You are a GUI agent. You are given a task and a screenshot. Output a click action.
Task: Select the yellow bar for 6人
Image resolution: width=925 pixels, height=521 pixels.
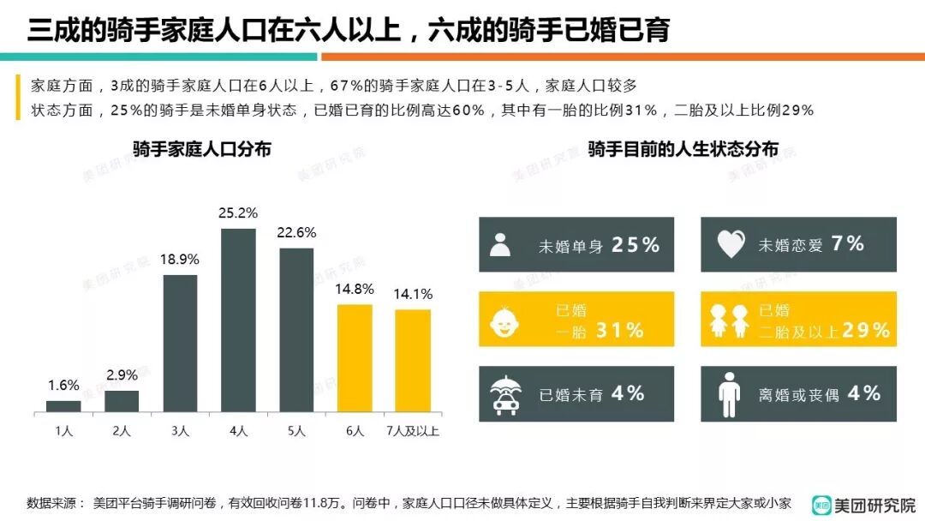coord(355,358)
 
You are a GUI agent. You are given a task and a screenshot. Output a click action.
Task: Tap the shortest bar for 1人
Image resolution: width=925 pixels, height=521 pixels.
coord(63,406)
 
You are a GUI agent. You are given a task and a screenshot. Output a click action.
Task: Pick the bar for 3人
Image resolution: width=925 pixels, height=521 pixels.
coord(180,343)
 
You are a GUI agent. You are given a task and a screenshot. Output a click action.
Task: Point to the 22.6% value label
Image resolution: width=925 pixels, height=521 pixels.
coord(296,233)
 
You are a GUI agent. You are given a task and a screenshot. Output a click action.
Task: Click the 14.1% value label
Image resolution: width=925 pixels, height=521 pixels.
coord(413,294)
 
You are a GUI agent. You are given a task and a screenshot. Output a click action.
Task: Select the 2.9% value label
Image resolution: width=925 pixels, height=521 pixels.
coord(122,375)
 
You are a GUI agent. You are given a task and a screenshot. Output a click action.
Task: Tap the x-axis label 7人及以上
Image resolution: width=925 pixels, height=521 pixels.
coord(413,431)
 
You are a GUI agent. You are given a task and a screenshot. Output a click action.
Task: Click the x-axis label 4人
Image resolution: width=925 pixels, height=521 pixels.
coord(238,431)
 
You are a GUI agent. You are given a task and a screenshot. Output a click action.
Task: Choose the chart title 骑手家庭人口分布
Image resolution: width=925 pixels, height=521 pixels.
coord(202,149)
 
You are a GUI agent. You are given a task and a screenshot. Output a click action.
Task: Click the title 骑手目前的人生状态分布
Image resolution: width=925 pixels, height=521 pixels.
coord(683,149)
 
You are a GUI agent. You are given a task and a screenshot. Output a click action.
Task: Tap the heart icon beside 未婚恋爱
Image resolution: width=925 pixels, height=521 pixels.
coord(731,246)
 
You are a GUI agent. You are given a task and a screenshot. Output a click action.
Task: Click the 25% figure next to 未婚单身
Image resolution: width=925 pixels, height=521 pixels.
coord(636,245)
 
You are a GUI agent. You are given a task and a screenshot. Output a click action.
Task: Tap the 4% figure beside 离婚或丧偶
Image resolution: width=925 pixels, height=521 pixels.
coord(864,393)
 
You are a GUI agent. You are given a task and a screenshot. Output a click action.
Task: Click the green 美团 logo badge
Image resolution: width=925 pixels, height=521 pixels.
coord(822,506)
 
